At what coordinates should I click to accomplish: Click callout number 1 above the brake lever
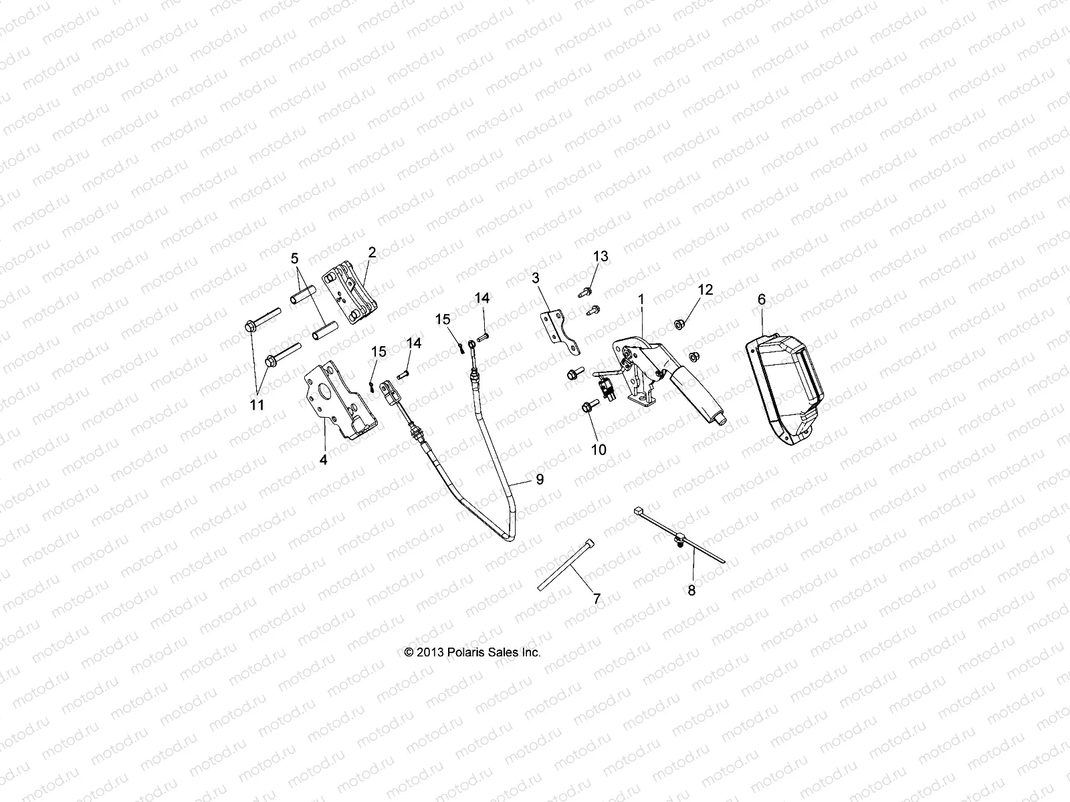641,300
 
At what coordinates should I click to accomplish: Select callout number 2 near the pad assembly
372,252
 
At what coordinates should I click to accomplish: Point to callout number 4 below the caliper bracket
323,460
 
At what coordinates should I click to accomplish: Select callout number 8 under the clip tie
691,591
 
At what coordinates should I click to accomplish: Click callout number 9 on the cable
539,479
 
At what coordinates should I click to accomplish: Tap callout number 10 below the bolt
599,450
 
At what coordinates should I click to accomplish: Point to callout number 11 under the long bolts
257,404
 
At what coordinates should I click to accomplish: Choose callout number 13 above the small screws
601,257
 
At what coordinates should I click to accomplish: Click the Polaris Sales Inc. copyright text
472,652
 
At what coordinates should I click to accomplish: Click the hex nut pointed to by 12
677,325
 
